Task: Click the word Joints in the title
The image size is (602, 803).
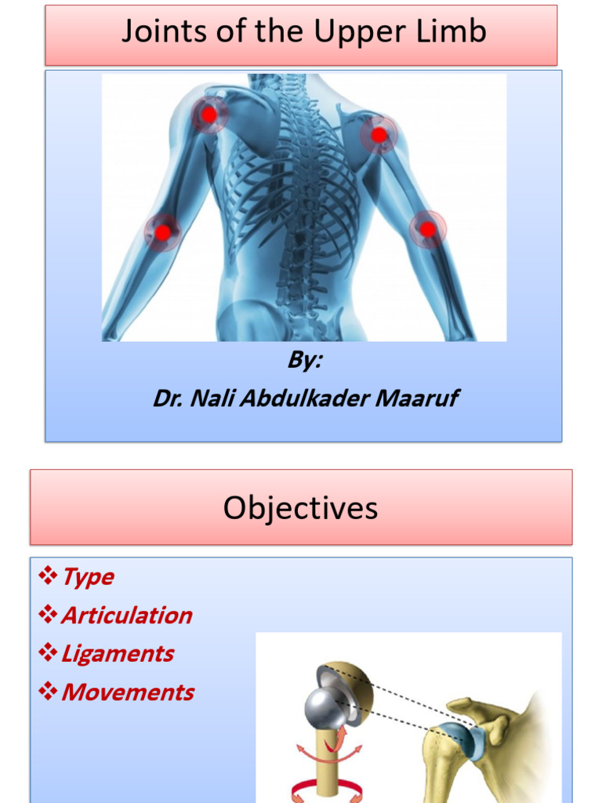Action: pos(158,32)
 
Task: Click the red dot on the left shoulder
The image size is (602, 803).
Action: pos(209,115)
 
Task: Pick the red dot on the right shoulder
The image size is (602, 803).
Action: pos(379,135)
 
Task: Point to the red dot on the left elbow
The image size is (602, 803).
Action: pos(162,232)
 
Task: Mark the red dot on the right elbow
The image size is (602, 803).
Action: pos(427,229)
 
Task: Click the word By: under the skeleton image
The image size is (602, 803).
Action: pos(305,361)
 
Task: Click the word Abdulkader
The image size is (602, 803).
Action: pos(303,398)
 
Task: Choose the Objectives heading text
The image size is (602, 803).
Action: pos(300,508)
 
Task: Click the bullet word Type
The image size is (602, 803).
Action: pos(88,577)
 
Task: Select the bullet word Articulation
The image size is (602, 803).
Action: pos(126,616)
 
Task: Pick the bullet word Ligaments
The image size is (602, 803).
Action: pos(118,654)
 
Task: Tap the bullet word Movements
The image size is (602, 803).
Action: pos(127,692)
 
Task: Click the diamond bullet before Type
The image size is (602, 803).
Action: pos(48,577)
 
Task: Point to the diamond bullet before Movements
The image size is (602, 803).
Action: pos(48,692)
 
